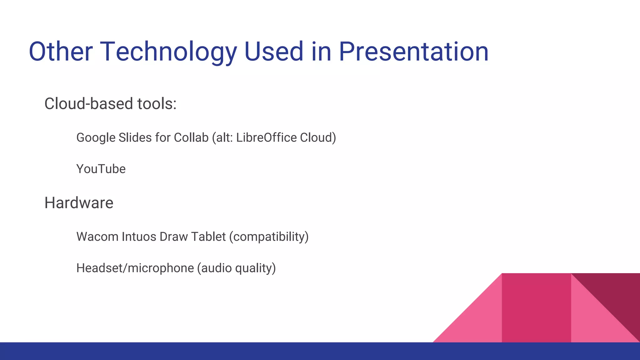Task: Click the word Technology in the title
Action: point(168,52)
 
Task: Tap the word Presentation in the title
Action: point(413,52)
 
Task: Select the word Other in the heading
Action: point(61,52)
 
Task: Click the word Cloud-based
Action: point(89,104)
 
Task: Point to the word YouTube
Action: point(101,169)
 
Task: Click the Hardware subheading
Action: point(79,203)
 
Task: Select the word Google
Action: point(96,138)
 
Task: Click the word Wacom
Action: point(97,237)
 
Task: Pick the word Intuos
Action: point(139,237)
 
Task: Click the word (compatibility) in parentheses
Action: point(269,237)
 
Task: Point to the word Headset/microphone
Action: point(135,268)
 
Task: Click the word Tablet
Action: point(208,237)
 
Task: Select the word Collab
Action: point(191,138)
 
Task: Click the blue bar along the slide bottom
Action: point(219,351)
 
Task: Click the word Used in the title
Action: point(273,52)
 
